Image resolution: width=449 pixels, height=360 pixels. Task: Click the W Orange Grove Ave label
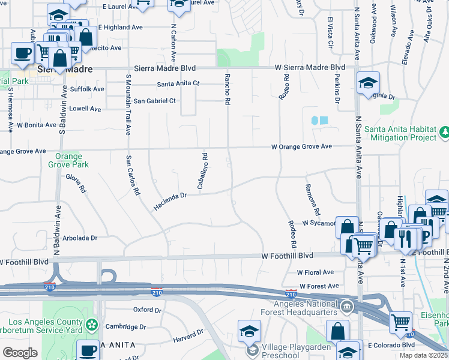pyautogui.click(x=301, y=146)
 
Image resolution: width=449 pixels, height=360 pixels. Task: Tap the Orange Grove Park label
pyautogui.click(x=68, y=160)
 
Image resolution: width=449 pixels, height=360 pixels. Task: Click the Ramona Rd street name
pyautogui.click(x=313, y=200)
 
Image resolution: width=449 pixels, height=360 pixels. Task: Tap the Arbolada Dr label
pyautogui.click(x=80, y=238)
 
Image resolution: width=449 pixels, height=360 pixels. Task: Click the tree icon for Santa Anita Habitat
pyautogui.click(x=445, y=131)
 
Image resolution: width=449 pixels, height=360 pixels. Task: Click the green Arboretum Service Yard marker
pyautogui.click(x=92, y=326)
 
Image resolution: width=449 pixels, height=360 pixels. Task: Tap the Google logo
pyautogui.click(x=20, y=353)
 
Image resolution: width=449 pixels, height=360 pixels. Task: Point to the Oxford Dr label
pyautogui.click(x=147, y=310)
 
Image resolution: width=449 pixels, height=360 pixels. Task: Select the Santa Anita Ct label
pyautogui.click(x=178, y=83)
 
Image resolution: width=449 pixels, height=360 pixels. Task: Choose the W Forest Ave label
pyautogui.click(x=319, y=286)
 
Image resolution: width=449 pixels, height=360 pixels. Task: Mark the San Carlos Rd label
pyautogui.click(x=132, y=176)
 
